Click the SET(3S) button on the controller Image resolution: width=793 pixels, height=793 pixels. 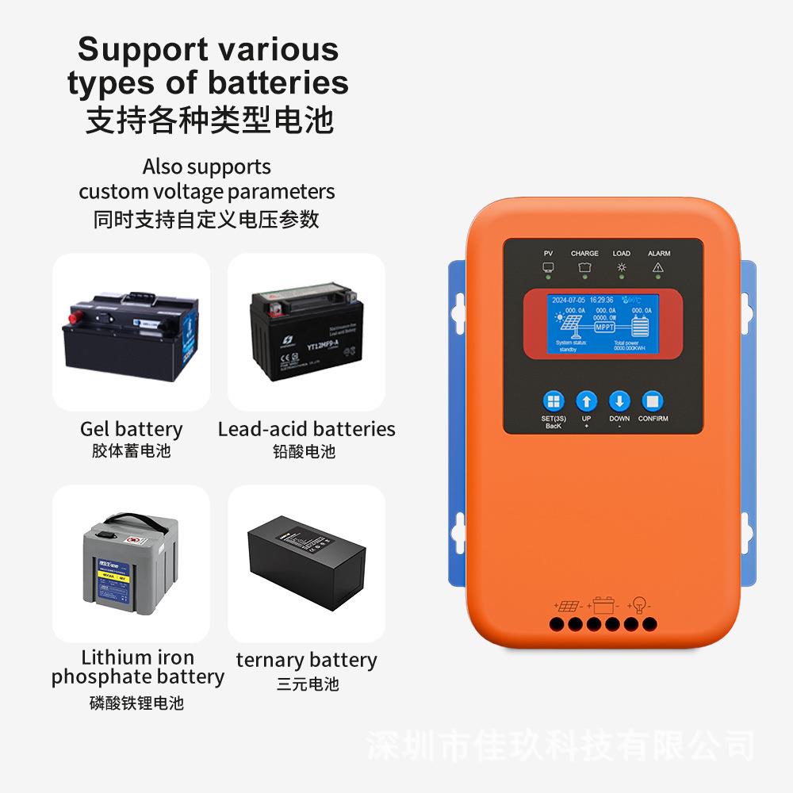tap(554, 401)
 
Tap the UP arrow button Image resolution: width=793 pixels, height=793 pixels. tap(586, 401)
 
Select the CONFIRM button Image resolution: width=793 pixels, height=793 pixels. tap(652, 401)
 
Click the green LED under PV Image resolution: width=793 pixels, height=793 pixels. tap(548, 278)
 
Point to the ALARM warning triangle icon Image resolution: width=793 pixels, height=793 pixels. tap(657, 267)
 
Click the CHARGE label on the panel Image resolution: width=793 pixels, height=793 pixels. tap(584, 254)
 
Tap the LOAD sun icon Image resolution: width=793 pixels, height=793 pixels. tap(622, 267)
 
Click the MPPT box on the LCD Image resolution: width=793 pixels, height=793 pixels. tap(603, 326)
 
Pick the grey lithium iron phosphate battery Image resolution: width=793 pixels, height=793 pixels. tap(131, 562)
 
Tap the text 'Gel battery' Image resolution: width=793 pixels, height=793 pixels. tap(131, 429)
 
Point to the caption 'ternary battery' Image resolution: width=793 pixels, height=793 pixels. tap(306, 660)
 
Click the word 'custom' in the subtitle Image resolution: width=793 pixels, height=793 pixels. tap(113, 191)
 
